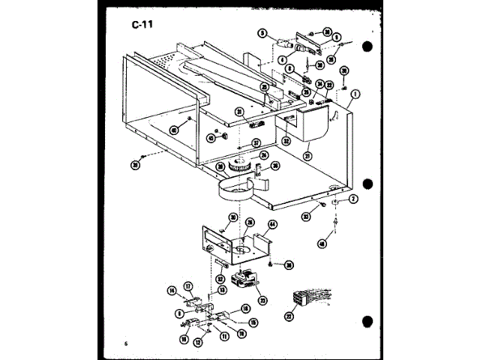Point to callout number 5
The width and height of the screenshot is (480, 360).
point(262,34)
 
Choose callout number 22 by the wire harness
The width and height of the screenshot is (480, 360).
point(289,317)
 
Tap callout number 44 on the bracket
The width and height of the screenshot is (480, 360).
point(273,224)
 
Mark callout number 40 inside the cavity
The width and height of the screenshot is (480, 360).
point(175,129)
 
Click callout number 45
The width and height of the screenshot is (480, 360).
point(211,138)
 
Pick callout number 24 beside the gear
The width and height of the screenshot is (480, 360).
point(263,155)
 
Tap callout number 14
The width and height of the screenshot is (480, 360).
point(171,289)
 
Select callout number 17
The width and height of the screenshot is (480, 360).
point(189,284)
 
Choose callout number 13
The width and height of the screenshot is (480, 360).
point(222,289)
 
